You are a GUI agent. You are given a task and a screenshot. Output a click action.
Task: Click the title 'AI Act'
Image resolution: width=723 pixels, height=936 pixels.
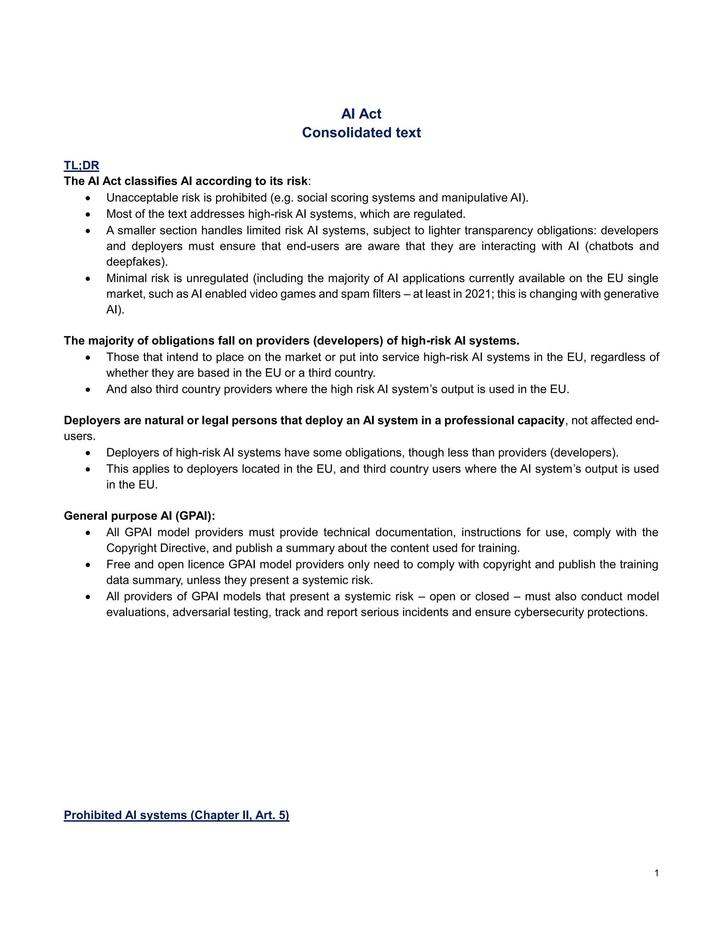(361, 114)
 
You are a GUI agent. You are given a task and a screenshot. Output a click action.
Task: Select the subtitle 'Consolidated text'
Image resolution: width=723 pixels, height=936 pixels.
(361, 133)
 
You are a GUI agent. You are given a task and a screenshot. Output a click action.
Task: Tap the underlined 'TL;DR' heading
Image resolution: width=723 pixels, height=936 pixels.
(82, 165)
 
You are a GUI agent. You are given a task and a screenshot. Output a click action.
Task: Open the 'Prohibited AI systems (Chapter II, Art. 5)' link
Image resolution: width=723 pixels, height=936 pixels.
(177, 815)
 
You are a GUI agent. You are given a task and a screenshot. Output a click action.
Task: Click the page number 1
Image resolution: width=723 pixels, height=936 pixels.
(657, 873)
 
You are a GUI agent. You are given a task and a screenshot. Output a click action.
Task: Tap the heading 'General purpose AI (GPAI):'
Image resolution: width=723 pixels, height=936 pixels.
(139, 516)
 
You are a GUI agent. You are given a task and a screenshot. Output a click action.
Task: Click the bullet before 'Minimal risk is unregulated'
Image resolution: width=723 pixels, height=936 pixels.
(88, 279)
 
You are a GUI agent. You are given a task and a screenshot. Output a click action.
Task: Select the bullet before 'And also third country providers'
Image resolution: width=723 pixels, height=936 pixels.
(88, 390)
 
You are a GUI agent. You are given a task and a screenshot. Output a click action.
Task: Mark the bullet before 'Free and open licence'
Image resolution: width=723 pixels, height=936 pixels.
(88, 565)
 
